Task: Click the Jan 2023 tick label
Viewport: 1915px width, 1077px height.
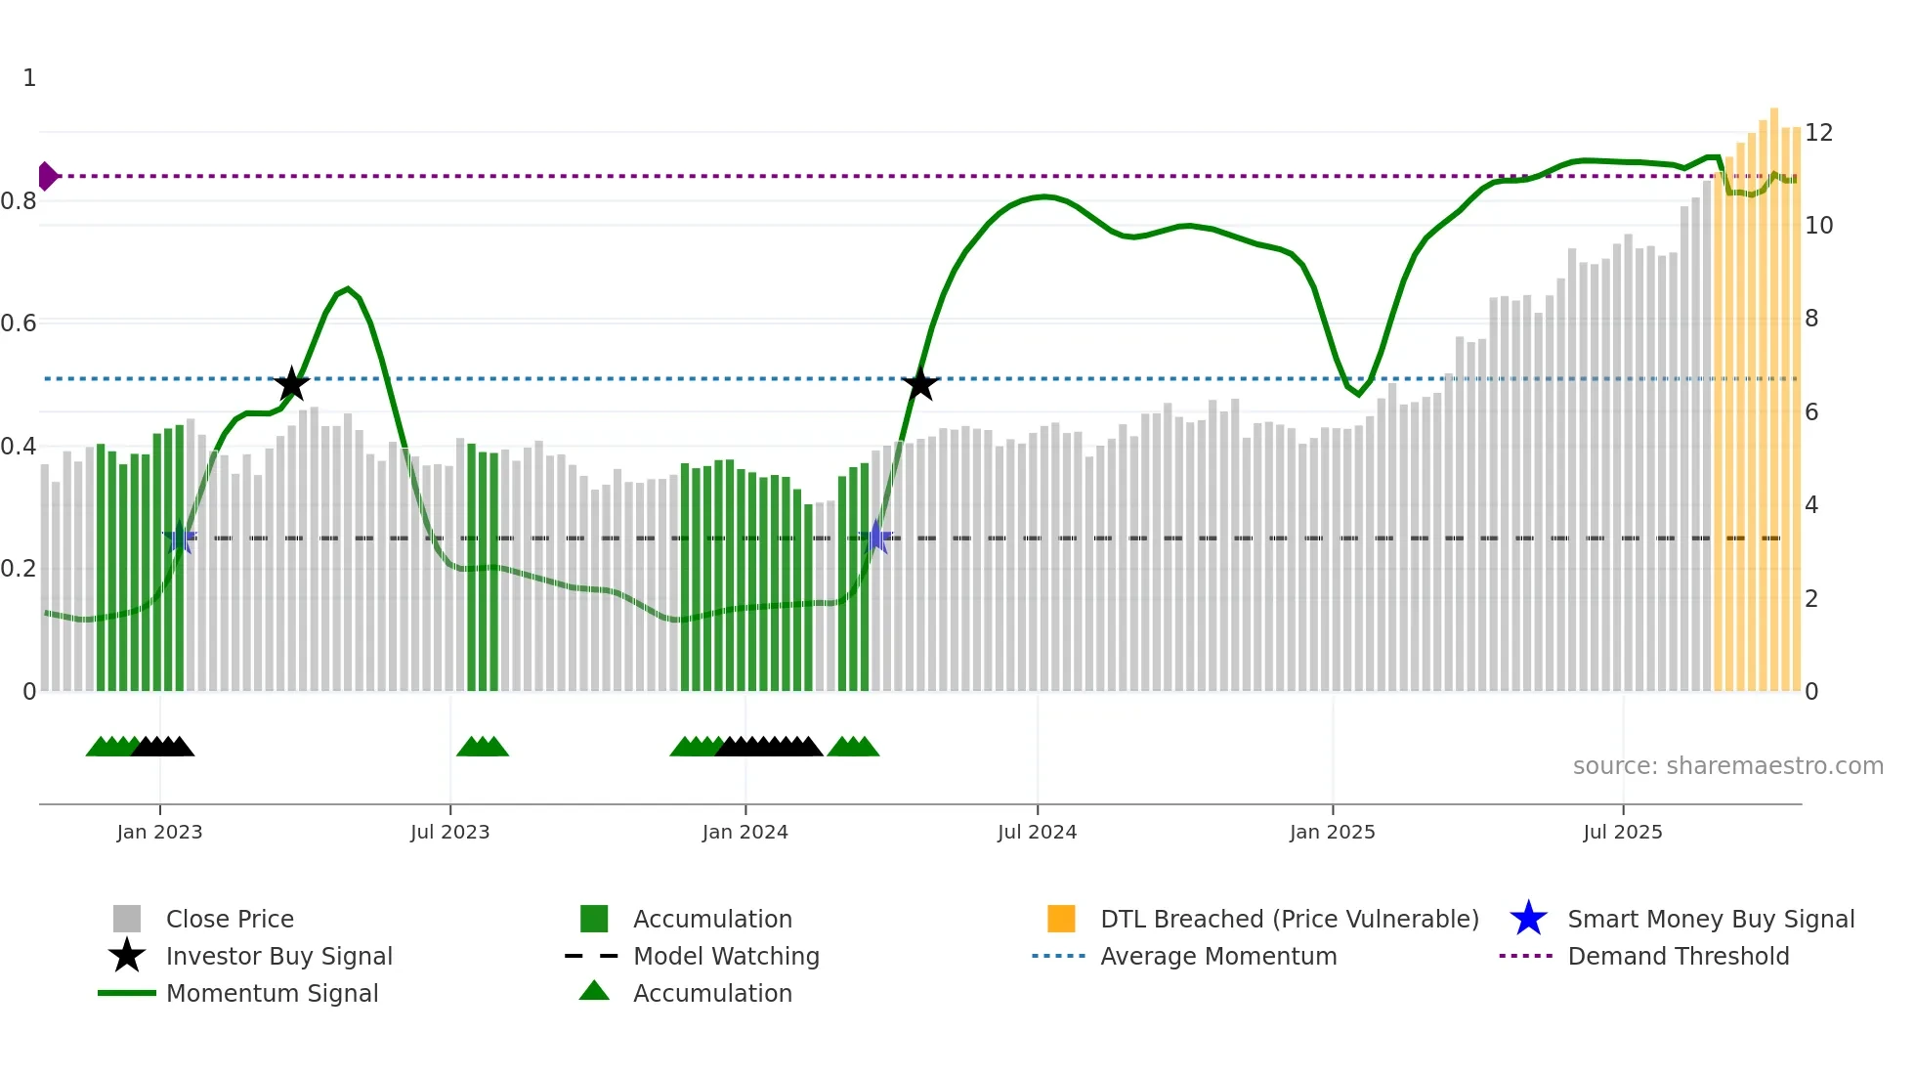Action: (159, 832)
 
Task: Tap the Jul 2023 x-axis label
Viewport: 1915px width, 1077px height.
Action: (449, 832)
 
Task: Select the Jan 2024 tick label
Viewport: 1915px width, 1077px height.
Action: (745, 832)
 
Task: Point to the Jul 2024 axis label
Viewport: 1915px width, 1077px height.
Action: (1037, 832)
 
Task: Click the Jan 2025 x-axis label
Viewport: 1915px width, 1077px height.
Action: (1332, 832)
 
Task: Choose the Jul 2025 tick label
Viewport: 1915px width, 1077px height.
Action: (1622, 832)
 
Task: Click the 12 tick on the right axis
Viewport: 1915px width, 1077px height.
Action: (1818, 133)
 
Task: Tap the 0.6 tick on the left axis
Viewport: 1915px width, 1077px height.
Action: (19, 323)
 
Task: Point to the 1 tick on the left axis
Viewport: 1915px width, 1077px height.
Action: (29, 78)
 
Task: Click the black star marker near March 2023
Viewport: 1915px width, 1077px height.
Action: (291, 384)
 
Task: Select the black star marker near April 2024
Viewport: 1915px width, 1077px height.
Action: (919, 384)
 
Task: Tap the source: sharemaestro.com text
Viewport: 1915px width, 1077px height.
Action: (1727, 766)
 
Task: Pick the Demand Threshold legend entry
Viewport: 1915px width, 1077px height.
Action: (1678, 956)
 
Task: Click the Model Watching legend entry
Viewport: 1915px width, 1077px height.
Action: (726, 956)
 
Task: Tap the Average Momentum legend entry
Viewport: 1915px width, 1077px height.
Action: (1217, 956)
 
